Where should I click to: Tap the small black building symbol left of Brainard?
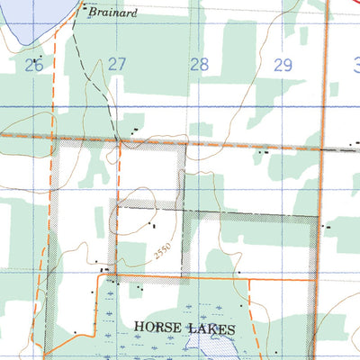(85, 11)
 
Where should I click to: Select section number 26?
(34, 65)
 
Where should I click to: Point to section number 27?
(117, 65)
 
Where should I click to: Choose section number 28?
(199, 65)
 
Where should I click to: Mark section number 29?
(283, 65)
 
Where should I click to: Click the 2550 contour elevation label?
(163, 252)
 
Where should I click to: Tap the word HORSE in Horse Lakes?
(160, 328)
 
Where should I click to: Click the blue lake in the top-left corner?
(22, 22)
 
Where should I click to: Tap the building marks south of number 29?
(263, 153)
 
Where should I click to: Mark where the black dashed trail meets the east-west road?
(120, 141)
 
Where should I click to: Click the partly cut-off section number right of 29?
(355, 65)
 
